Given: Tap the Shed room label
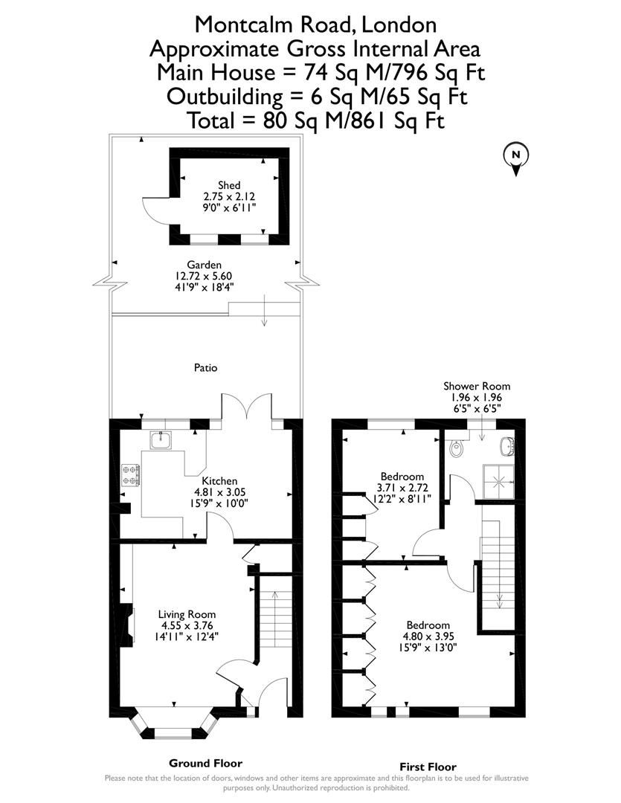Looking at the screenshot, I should [x=230, y=185].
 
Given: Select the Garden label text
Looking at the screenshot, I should [x=204, y=264].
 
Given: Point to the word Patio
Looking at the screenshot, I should [x=206, y=367].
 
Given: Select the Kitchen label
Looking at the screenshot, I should [x=220, y=481].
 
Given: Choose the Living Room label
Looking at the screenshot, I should [x=187, y=614].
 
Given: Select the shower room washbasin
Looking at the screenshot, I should [x=509, y=446].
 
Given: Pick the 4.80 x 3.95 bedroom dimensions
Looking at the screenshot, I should [x=428, y=636].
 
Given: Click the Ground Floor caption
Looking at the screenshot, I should [x=205, y=763].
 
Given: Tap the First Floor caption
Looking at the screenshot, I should [x=428, y=767].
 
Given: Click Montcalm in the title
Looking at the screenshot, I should [x=242, y=25].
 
